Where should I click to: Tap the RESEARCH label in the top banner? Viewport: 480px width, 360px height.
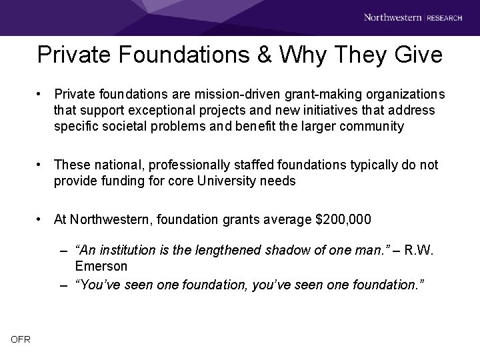445,18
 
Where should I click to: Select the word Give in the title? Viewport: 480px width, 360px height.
417,55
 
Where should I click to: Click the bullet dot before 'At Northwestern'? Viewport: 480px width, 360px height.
41,219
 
